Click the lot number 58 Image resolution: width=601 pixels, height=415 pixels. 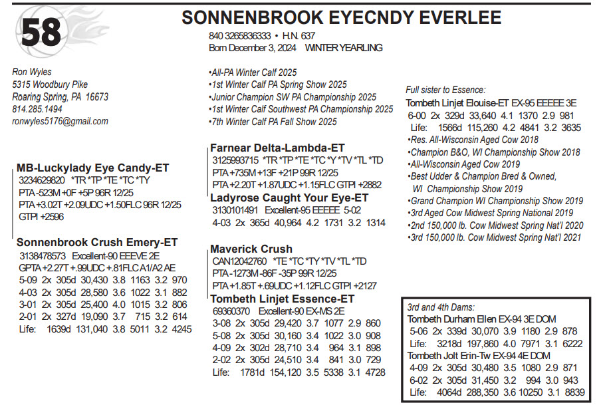[x=41, y=32]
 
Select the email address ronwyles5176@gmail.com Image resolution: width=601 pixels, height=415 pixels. [x=60, y=122]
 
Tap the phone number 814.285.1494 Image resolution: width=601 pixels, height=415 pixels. [x=37, y=109]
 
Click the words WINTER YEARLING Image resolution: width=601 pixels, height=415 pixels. [x=344, y=48]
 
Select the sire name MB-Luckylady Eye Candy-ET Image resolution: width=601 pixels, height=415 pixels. [x=92, y=168]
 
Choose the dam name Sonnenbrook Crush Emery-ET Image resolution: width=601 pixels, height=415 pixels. [x=98, y=243]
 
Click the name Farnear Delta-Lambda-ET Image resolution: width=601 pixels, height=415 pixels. [x=277, y=148]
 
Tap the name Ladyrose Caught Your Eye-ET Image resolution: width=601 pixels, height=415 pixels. [x=289, y=198]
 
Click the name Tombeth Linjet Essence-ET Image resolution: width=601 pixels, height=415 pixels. [x=283, y=299]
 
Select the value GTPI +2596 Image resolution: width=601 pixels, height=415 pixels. [x=41, y=216]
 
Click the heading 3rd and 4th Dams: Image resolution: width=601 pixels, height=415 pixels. [x=441, y=307]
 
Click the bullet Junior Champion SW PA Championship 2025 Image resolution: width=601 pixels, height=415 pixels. [x=293, y=97]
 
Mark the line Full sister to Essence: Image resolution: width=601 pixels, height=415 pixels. [x=445, y=90]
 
